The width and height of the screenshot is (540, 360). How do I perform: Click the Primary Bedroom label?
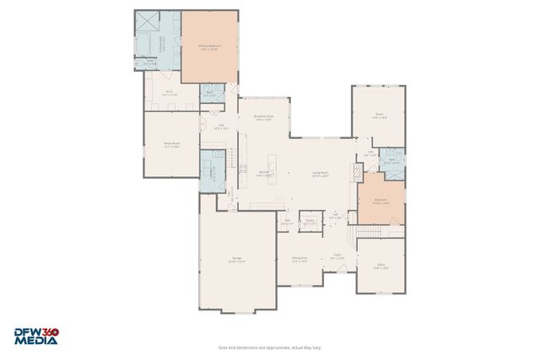click(x=208, y=47)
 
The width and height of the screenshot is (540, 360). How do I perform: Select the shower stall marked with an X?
click(x=146, y=21)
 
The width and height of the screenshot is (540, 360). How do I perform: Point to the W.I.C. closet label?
click(x=169, y=93)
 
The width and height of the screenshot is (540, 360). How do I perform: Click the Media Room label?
click(x=170, y=144)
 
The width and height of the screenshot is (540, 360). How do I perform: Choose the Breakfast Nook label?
click(x=263, y=118)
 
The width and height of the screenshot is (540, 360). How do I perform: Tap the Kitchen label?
click(x=263, y=174)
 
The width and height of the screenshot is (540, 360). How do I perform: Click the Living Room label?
click(x=320, y=174)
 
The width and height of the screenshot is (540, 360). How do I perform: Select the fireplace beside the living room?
click(x=357, y=171)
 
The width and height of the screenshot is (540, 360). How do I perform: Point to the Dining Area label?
click(x=299, y=260)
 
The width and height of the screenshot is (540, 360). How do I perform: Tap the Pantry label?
click(x=310, y=222)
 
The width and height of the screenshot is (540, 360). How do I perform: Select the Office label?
click(x=381, y=266)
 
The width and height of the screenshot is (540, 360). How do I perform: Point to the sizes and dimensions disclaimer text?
click(x=270, y=347)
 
